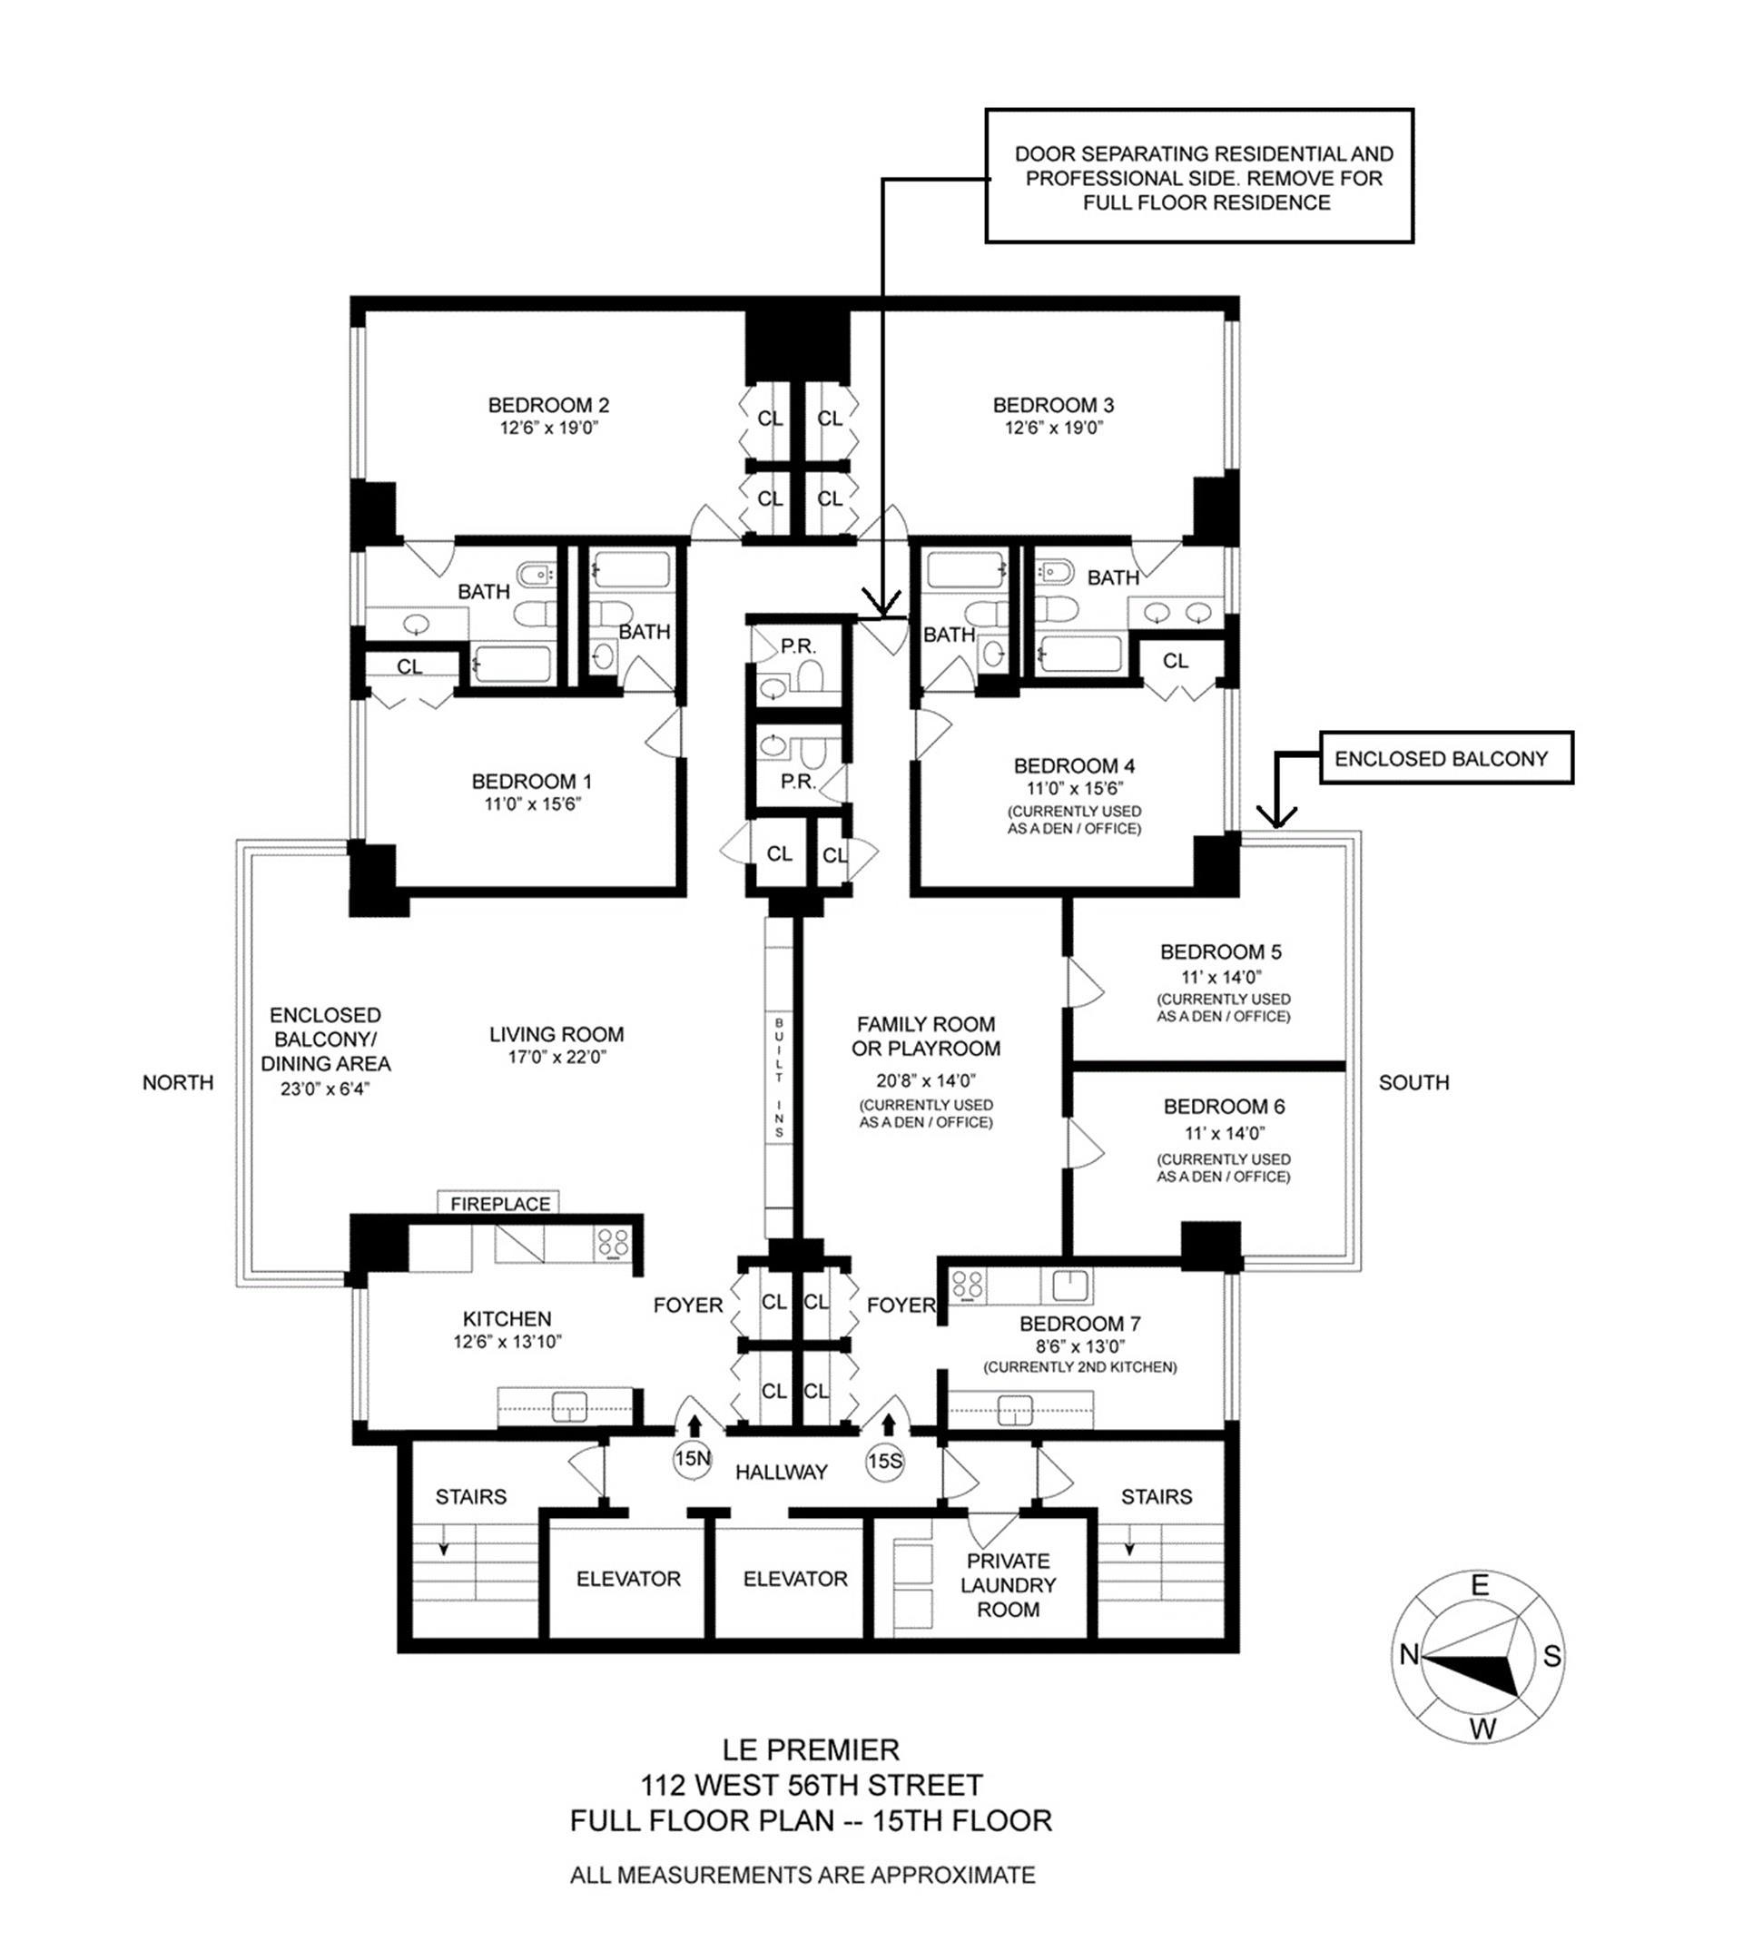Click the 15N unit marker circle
pyautogui.click(x=692, y=1460)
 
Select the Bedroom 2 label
pyautogui.click(x=548, y=405)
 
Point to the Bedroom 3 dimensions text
pyautogui.click(x=1053, y=429)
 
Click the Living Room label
pyautogui.click(x=556, y=1034)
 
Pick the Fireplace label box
pyautogui.click(x=498, y=1203)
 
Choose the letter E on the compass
pyautogui.click(x=1480, y=1585)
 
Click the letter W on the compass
pyautogui.click(x=1482, y=1729)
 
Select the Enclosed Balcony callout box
pyautogui.click(x=1446, y=759)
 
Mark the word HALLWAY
pyautogui.click(x=782, y=1473)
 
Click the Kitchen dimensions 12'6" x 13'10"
pyautogui.click(x=507, y=1342)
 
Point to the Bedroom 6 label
pyautogui.click(x=1224, y=1108)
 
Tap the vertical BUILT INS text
pyautogui.click(x=780, y=1078)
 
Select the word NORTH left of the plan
pyautogui.click(x=178, y=1082)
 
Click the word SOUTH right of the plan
pyautogui.click(x=1413, y=1082)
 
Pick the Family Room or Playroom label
pyautogui.click(x=926, y=1036)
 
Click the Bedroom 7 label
pyautogui.click(x=1080, y=1324)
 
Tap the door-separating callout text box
pyautogui.click(x=1200, y=175)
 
